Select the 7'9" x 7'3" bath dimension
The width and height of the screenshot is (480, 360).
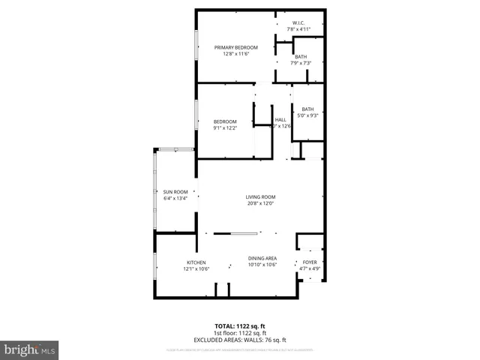(x=300, y=63)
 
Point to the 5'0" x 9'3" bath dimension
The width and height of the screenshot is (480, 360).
(x=308, y=115)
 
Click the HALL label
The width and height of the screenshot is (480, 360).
(x=280, y=120)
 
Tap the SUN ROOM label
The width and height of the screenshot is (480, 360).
(x=175, y=192)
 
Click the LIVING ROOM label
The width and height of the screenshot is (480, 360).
(x=261, y=196)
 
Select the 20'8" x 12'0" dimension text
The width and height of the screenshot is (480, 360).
(x=261, y=203)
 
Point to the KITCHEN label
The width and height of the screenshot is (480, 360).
(x=196, y=262)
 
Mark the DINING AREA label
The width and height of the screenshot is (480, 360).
(x=262, y=258)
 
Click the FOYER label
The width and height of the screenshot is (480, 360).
(x=310, y=262)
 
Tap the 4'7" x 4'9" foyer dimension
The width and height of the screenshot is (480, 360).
(x=310, y=268)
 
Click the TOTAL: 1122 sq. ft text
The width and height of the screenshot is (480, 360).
(x=241, y=326)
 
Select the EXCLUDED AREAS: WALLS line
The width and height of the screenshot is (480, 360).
(x=241, y=340)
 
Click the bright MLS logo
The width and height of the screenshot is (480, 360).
(x=30, y=349)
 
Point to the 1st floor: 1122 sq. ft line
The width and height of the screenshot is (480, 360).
(x=241, y=333)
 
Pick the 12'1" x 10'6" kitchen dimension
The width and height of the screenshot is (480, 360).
(x=196, y=268)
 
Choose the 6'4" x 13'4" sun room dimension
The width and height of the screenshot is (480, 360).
(x=175, y=199)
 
